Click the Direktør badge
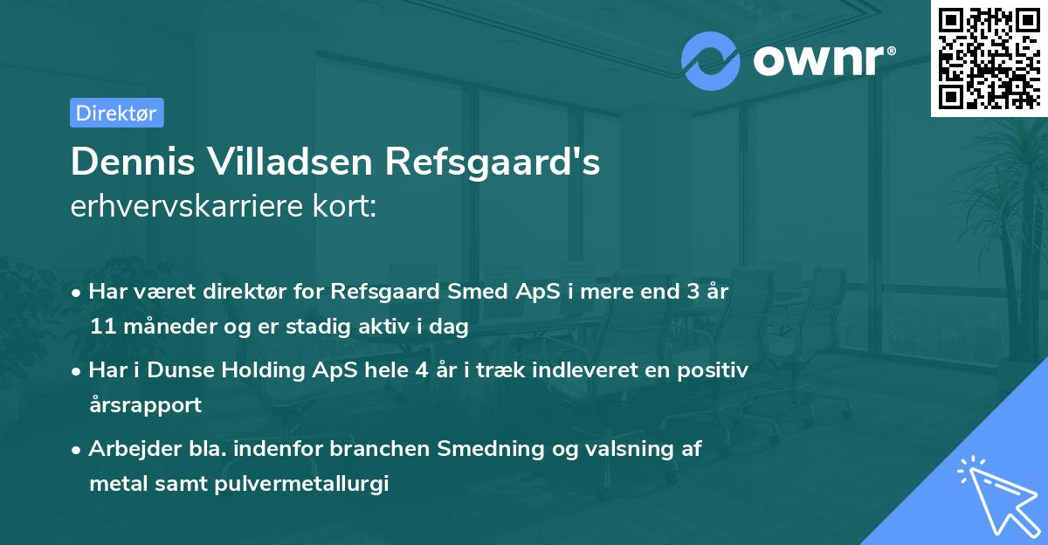pos(116,113)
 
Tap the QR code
pos(989,59)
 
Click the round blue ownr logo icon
pos(710,60)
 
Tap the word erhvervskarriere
pos(188,209)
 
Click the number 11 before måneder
pos(100,328)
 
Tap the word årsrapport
pos(145,405)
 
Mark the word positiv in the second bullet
pos(712,369)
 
